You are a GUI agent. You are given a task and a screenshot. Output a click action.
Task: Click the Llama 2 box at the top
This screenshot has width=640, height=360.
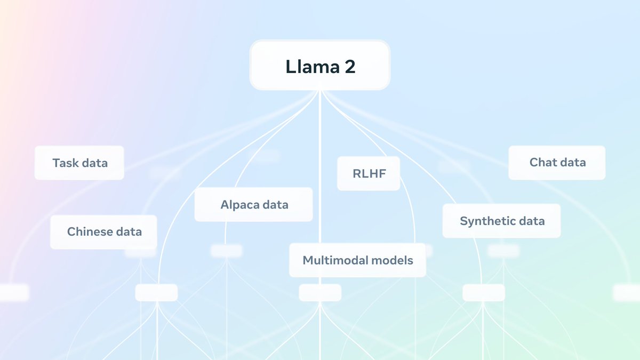coord(320,65)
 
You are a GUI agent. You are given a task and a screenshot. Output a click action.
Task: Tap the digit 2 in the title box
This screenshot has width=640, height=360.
coord(350,67)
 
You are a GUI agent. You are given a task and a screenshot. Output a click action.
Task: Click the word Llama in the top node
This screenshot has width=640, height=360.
coord(313,67)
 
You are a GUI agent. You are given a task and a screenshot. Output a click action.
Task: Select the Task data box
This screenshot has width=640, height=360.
coord(79,163)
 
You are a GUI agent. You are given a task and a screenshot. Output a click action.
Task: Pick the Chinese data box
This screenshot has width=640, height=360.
coord(103,232)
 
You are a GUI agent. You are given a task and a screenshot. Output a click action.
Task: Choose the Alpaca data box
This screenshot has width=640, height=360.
coord(254,205)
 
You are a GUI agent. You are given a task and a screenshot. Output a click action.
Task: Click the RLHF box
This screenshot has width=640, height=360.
coord(369,173)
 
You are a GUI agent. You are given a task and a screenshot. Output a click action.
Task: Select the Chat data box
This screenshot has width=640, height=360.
coord(557,163)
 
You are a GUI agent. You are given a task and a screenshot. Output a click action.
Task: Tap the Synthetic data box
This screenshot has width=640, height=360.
coord(501,221)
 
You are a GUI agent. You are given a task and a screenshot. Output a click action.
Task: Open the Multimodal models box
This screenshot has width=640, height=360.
coord(357,260)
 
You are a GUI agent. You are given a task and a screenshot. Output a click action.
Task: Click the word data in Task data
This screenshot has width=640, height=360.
coord(95,163)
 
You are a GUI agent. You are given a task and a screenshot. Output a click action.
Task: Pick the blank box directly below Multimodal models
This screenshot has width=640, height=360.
coord(320,293)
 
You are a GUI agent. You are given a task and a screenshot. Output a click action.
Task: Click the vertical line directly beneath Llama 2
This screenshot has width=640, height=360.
coord(320,166)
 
